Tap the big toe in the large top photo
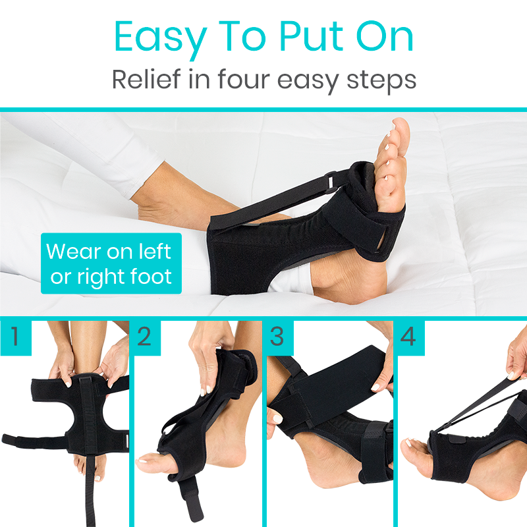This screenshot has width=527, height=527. click(399, 132)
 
